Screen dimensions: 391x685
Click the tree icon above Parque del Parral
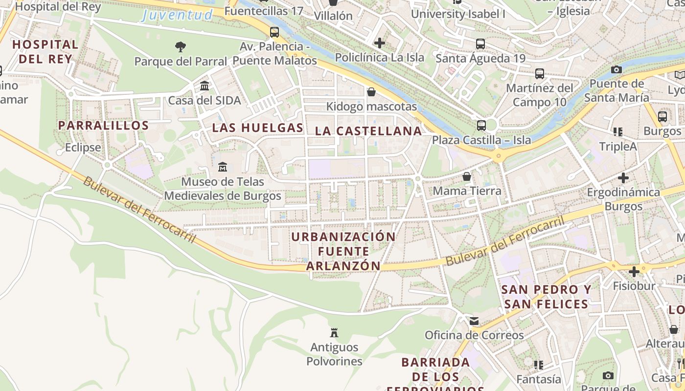[181, 47]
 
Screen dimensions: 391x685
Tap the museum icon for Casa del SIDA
[205, 86]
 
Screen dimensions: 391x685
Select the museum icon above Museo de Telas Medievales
[223, 167]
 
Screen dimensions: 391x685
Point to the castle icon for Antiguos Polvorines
[334, 333]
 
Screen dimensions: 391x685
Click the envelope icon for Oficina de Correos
[474, 321]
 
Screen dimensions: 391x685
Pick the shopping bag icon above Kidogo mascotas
[371, 92]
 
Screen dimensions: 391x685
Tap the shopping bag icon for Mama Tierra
[467, 176]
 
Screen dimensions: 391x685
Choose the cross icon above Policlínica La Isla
[379, 43]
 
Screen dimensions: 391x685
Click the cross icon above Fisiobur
[634, 271]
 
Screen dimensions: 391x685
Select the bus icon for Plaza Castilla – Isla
[481, 125]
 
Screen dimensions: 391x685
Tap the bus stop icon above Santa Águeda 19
[480, 44]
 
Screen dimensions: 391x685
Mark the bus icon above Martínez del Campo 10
[539, 74]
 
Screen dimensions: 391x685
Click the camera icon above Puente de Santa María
[616, 69]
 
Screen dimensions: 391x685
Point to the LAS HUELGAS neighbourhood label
[257, 128]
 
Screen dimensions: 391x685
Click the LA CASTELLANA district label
[368, 131]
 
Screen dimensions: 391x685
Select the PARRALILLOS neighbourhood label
[103, 126]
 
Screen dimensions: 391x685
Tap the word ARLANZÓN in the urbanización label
[343, 265]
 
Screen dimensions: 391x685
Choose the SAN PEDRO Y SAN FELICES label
[546, 297]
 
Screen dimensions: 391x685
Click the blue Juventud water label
[177, 15]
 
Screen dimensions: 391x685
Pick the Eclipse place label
[83, 147]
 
